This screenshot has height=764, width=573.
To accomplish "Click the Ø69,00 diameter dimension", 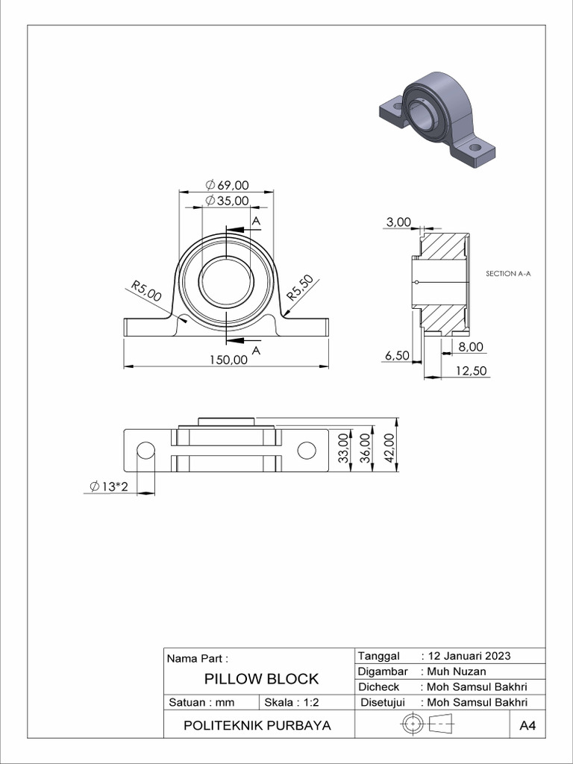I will (227, 185).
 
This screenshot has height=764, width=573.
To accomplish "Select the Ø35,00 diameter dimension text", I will (227, 201).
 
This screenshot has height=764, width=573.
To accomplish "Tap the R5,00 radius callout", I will (146, 290).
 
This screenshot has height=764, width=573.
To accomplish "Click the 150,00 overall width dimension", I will (228, 360).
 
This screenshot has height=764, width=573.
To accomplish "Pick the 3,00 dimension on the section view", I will (398, 222).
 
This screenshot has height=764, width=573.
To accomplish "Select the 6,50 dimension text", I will (397, 356).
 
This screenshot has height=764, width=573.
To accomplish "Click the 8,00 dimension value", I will (472, 347).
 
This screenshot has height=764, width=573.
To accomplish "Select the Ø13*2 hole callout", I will (110, 486).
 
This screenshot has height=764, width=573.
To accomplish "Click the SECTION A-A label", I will (508, 274).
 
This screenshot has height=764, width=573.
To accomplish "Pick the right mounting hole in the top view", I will (307, 450).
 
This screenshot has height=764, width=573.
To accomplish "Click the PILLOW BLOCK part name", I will (261, 679).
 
